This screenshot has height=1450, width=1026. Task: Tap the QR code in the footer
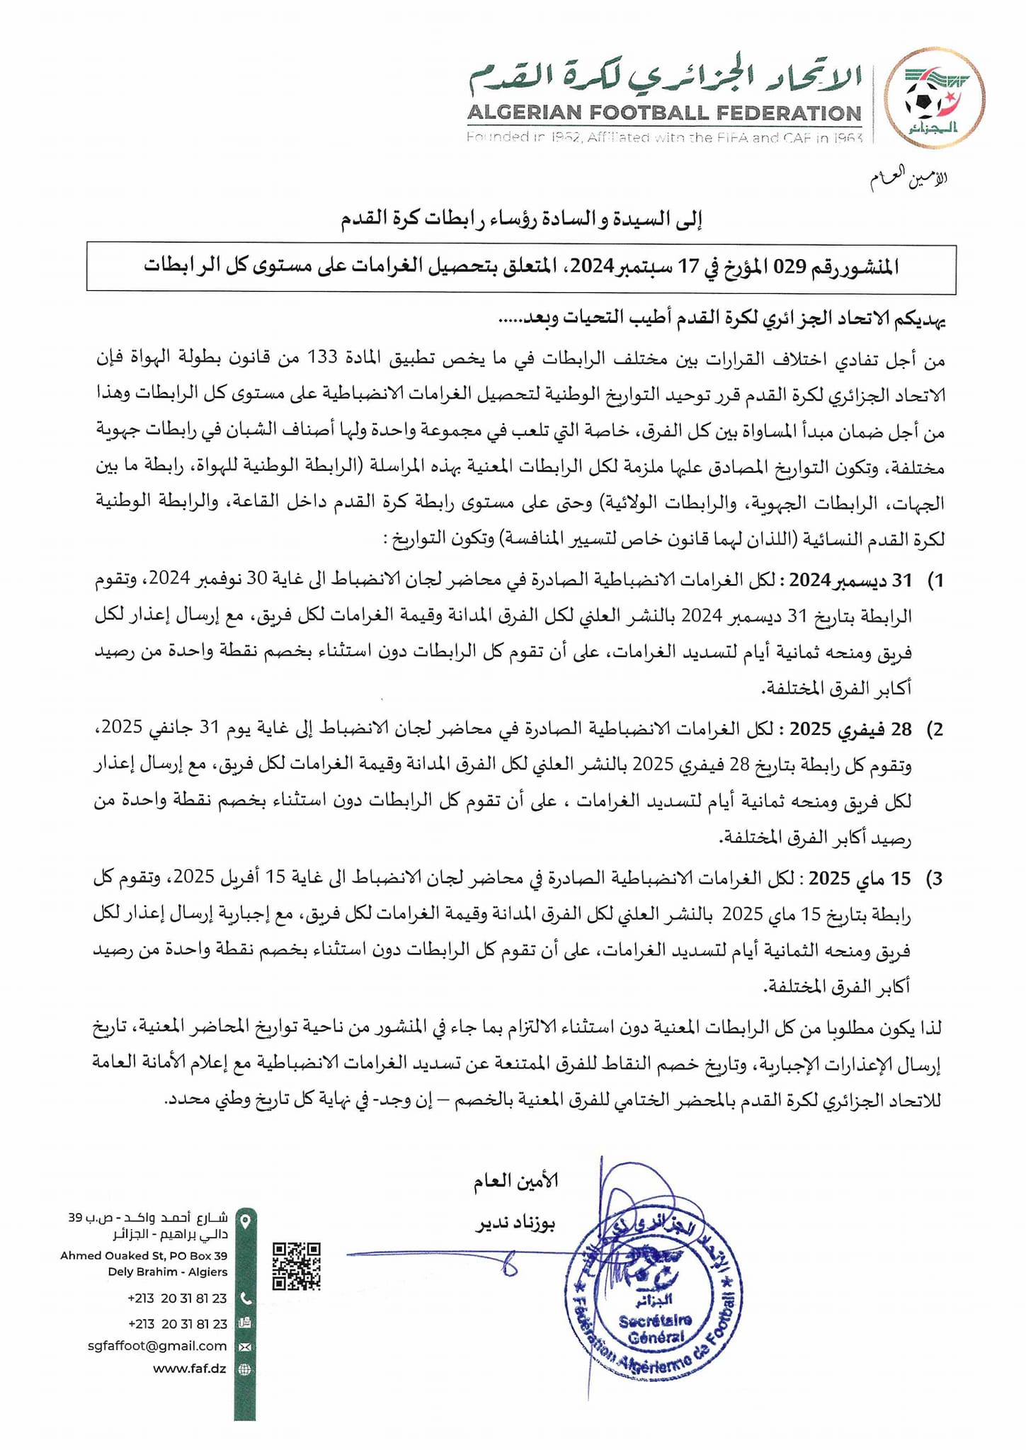tap(297, 1266)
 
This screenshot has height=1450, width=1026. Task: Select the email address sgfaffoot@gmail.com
tap(157, 1346)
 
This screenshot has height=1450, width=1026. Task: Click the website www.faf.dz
tap(189, 1369)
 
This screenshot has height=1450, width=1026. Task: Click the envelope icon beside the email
tap(245, 1347)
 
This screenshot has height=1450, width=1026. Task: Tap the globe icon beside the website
tap(245, 1369)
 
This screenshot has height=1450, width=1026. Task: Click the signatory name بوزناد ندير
tap(515, 1226)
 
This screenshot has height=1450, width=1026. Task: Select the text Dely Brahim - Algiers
tap(168, 1272)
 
